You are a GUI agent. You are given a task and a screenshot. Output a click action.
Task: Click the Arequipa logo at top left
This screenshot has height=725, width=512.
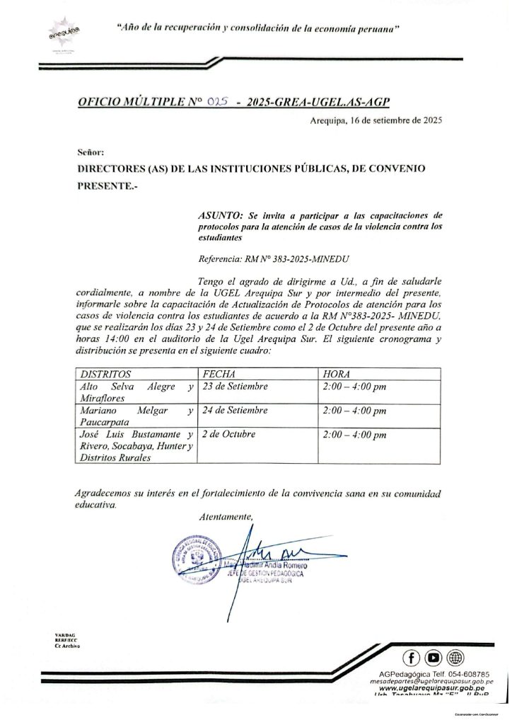click(x=62, y=33)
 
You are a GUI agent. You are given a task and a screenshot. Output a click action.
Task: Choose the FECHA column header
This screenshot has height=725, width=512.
click(x=218, y=373)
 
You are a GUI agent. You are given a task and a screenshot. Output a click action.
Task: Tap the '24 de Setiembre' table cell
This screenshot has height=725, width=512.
click(x=235, y=410)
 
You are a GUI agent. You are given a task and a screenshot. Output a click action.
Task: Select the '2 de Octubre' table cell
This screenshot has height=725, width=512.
click(x=229, y=434)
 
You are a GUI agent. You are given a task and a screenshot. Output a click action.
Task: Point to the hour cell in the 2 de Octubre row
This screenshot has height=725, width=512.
click(x=354, y=434)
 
